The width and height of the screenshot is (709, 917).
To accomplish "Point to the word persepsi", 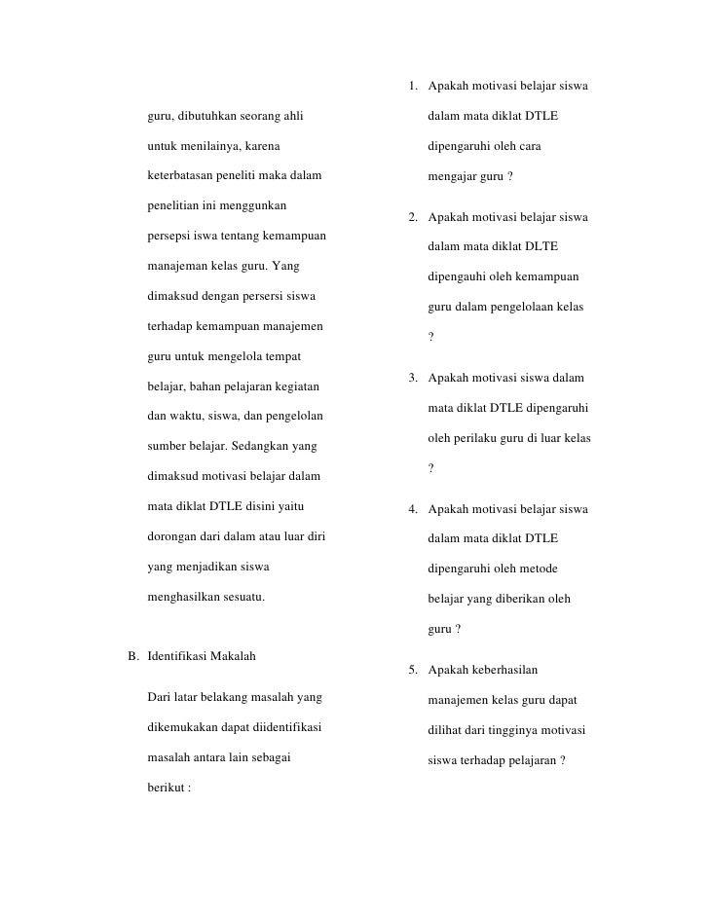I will tap(168, 237).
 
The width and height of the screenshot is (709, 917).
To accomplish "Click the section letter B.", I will tap(133, 656).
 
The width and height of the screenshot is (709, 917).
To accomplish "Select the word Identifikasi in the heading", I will tap(180, 656).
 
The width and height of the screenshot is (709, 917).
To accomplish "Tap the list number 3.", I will tap(413, 378).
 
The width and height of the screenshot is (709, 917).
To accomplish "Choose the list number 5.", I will tap(413, 670).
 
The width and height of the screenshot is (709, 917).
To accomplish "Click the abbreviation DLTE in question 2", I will tap(540, 246).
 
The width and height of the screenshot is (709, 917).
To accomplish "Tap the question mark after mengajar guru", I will tap(509, 178).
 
